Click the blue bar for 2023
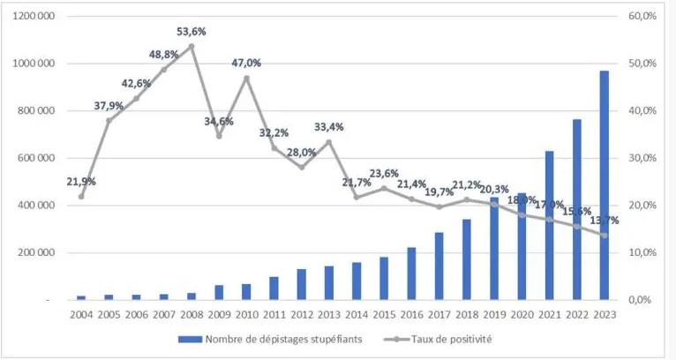coord(604,185)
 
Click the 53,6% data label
coord(192,32)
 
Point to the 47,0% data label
coord(246,64)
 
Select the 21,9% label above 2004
coord(81,182)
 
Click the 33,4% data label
coord(328,127)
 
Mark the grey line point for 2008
coord(192,46)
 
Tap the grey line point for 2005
coord(109,120)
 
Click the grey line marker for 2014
coord(357,197)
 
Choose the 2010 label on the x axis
coord(246,314)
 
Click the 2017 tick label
coord(439,314)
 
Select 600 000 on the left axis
coord(37,158)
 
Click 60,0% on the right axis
coord(642,16)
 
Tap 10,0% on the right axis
coord(642,252)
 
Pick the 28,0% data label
coord(301,152)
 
